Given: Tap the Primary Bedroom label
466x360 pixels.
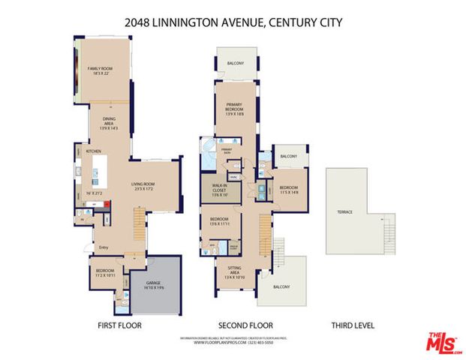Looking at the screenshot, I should point(234,109).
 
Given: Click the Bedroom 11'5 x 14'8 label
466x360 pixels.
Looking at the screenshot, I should point(288,190).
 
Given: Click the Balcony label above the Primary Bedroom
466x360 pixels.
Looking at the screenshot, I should point(235,64).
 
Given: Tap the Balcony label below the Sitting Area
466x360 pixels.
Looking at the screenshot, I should point(281,287).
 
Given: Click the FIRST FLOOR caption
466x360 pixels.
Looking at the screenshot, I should point(119,325).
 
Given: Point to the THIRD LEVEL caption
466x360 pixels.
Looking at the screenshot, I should point(353,325).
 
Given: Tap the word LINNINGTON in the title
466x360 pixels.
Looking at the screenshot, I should point(190,22).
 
